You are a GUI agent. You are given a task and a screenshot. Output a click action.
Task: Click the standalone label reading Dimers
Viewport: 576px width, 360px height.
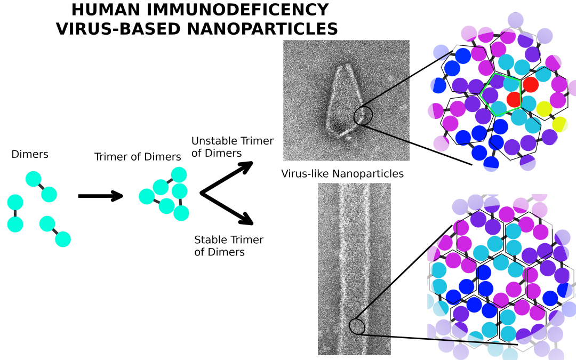tap(30, 155)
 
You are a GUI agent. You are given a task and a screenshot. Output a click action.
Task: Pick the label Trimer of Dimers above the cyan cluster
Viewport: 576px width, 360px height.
tap(138, 157)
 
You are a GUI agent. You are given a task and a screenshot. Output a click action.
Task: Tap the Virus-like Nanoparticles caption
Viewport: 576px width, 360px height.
tap(342, 174)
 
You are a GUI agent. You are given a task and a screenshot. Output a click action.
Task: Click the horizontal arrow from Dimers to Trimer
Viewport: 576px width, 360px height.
tap(100, 196)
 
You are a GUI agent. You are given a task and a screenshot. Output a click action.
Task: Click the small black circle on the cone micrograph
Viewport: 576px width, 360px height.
tap(363, 115)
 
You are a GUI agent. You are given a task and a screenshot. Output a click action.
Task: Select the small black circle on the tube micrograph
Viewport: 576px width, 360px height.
tap(357, 326)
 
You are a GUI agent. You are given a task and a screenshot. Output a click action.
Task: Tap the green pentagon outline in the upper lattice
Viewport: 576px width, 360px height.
tap(501, 94)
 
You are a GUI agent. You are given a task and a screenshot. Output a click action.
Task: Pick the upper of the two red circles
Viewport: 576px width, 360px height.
tap(530, 84)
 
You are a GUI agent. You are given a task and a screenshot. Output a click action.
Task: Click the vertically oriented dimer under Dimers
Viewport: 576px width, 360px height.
tap(15, 213)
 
